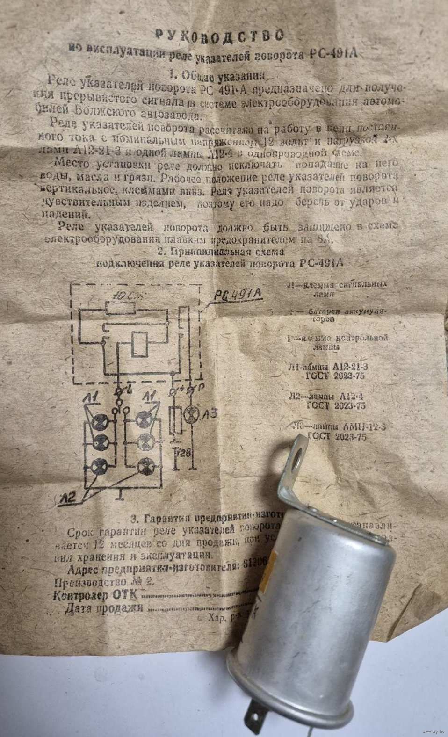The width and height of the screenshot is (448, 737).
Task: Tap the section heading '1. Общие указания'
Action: click(217, 74)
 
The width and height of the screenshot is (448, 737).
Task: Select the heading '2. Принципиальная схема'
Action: click(221, 251)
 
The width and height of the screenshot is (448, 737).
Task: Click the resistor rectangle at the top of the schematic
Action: click(120, 309)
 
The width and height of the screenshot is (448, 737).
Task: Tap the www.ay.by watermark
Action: click(428, 730)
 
